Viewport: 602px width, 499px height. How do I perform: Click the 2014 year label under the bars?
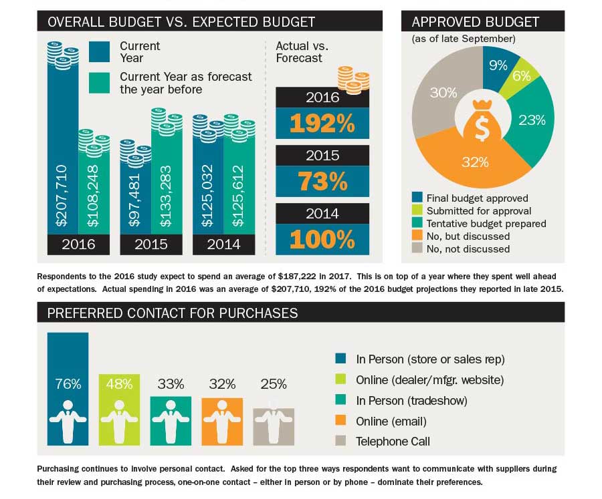pos(223,244)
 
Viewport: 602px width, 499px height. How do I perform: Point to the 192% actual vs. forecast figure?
pos(322,124)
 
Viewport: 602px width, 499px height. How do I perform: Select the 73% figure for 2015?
pos(322,182)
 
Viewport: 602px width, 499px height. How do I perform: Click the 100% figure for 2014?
pos(322,239)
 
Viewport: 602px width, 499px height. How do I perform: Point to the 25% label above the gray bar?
pos(273,384)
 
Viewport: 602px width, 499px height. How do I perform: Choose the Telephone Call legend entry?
pos(393,442)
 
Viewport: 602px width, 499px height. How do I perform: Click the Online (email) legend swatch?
pos(341,421)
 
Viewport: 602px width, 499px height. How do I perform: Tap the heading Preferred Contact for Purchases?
pos(173,313)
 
